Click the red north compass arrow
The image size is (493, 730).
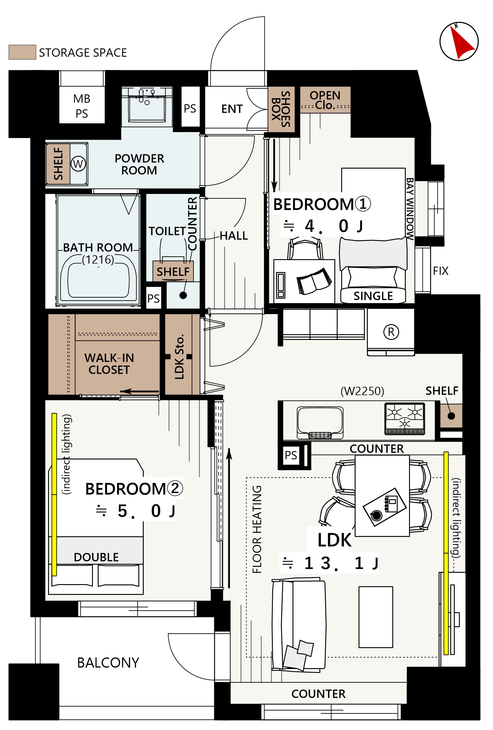(x=461, y=43)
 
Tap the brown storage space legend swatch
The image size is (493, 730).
(x=22, y=52)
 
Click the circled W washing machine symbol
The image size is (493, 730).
(x=78, y=164)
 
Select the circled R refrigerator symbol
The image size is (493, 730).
(x=391, y=332)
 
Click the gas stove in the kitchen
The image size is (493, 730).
(x=405, y=419)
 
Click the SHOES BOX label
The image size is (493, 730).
(x=281, y=109)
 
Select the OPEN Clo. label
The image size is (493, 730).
(x=325, y=100)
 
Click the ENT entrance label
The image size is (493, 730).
(x=232, y=109)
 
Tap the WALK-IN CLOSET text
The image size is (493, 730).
(x=109, y=364)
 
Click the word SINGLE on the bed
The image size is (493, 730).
(x=373, y=296)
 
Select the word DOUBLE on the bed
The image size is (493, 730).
(x=96, y=557)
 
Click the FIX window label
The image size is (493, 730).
(x=440, y=271)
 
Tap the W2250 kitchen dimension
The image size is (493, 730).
(x=362, y=391)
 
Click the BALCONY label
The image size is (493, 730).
(x=108, y=663)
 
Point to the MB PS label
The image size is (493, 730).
(x=82, y=106)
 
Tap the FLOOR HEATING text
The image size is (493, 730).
(x=257, y=529)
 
